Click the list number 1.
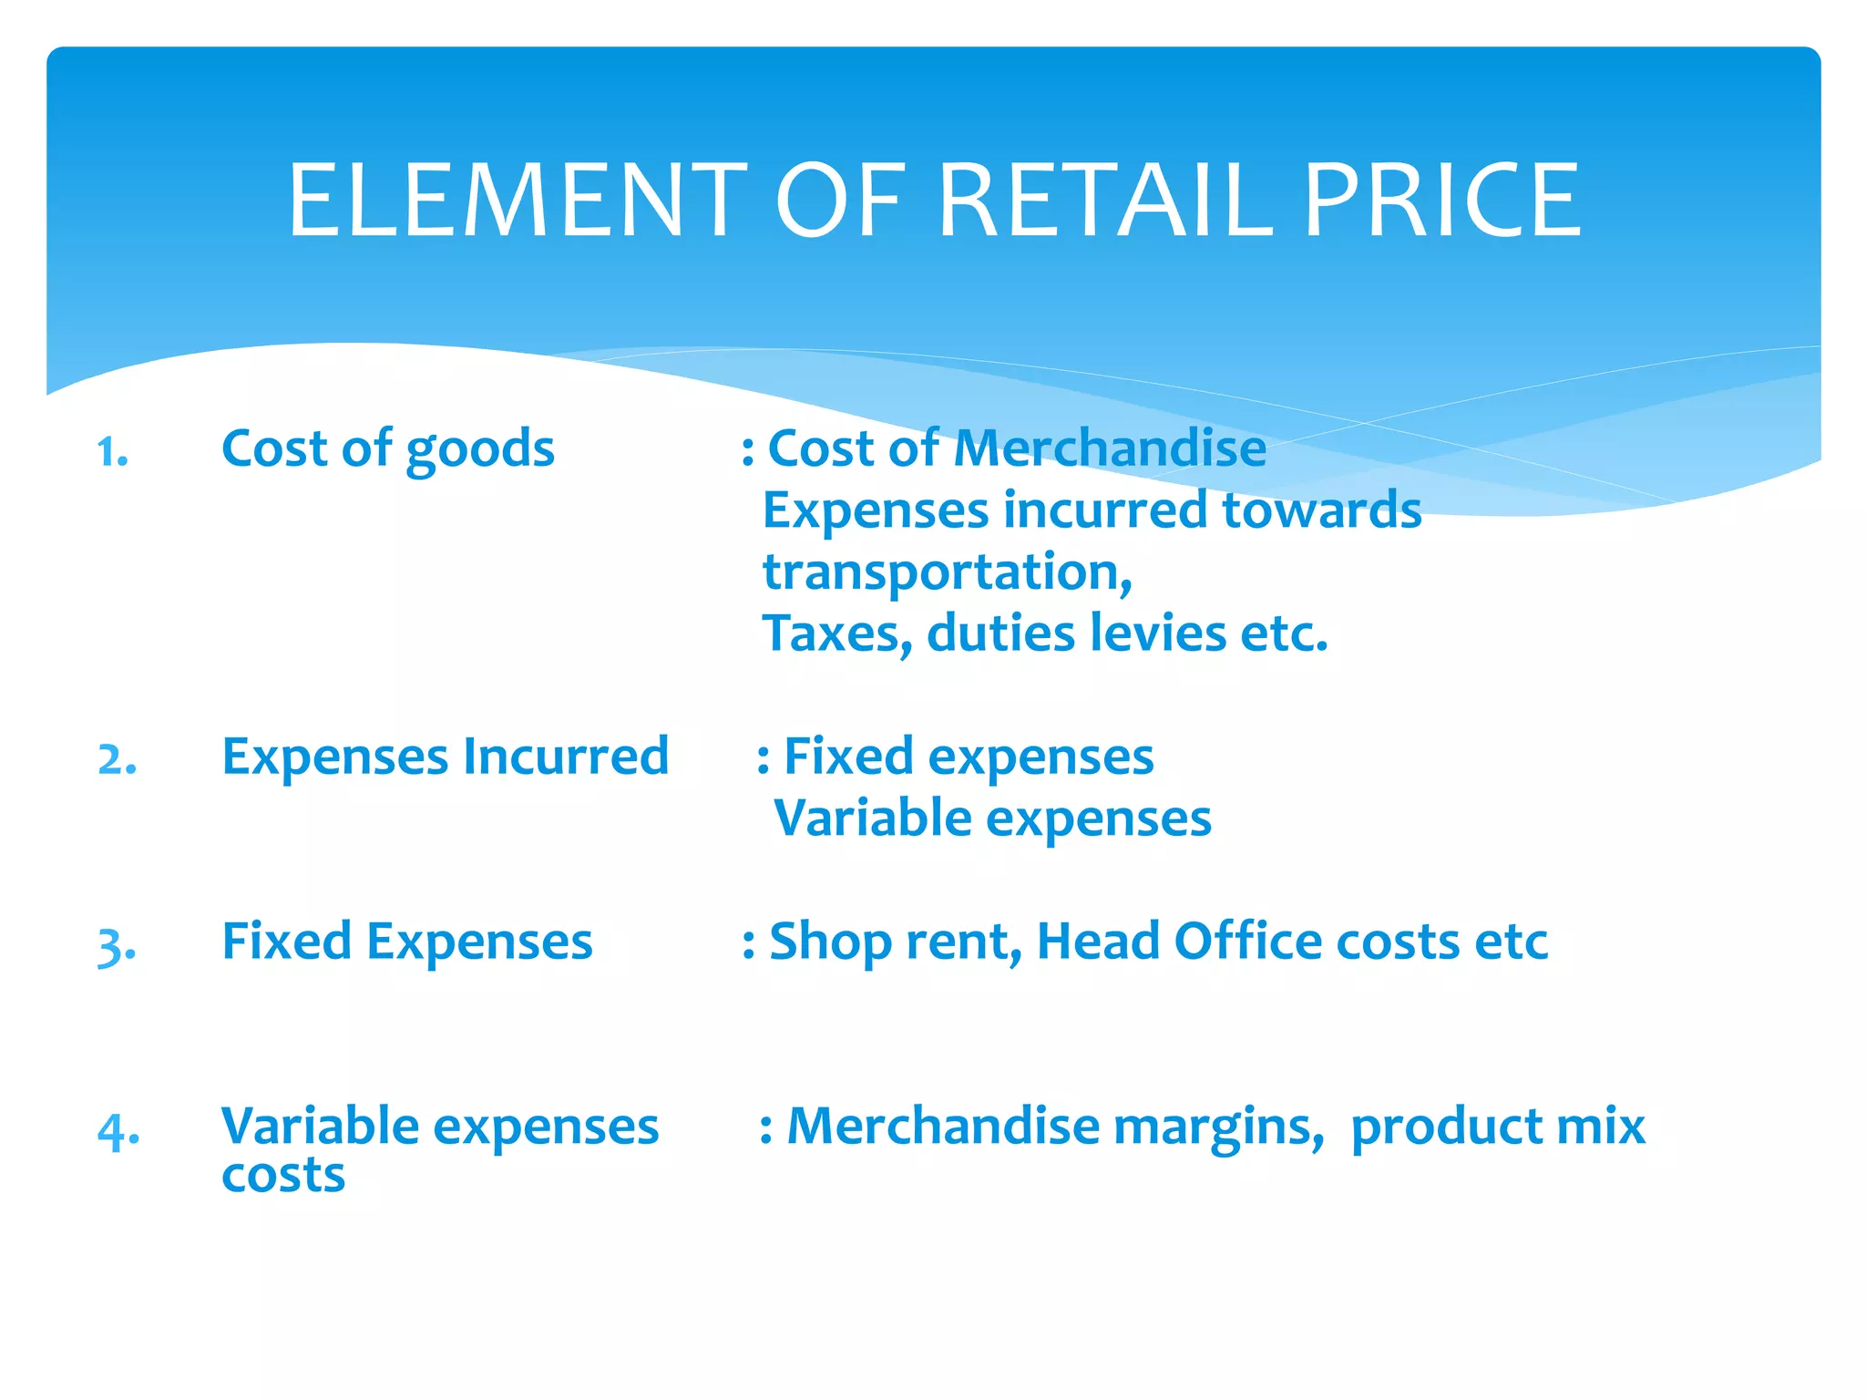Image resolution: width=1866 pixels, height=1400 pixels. pos(112,452)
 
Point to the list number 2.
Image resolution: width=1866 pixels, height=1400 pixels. pos(118,759)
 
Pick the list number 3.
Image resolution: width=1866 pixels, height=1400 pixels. pos(117,945)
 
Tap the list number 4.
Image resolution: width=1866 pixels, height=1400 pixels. pos(118,1131)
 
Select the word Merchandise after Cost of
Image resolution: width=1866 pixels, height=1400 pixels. pos(1109,448)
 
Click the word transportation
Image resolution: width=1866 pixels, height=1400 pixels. pos(947,573)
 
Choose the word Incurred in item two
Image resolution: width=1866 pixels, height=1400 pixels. pos(566,757)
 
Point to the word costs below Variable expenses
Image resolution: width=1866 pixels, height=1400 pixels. pos(283,1176)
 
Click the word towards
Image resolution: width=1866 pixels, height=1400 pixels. pos(1321,510)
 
